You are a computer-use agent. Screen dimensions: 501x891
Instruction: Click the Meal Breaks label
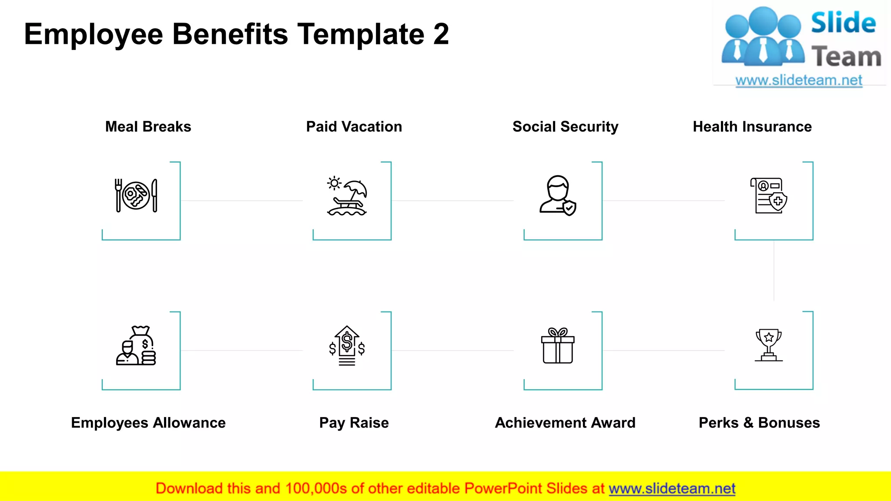point(148,127)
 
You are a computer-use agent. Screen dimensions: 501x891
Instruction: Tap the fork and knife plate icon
point(136,196)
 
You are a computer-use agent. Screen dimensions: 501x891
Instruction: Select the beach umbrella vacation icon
point(347,196)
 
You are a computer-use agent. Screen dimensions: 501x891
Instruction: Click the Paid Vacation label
point(354,127)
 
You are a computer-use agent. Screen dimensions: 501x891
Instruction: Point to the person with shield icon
point(558,196)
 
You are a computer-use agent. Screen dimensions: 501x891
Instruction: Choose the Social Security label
point(565,127)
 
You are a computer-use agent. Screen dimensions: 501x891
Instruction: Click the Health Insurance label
point(752,127)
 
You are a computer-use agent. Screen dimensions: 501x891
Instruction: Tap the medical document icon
point(769,196)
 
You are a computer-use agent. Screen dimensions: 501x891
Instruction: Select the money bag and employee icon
point(136,346)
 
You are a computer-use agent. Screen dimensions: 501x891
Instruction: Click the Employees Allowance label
point(148,423)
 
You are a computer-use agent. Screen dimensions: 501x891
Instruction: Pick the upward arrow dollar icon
point(347,346)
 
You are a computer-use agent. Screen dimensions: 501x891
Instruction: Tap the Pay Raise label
point(354,423)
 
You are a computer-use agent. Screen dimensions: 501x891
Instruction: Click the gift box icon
point(558,346)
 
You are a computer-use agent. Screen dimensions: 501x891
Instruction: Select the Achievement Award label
point(565,423)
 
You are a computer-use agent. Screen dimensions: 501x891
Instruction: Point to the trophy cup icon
point(769,345)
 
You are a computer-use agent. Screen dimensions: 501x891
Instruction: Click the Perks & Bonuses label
point(759,423)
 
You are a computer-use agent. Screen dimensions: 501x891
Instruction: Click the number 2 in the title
point(441,34)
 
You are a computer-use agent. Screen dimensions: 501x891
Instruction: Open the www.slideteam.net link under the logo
point(799,80)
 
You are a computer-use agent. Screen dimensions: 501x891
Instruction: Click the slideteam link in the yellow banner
point(672,489)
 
